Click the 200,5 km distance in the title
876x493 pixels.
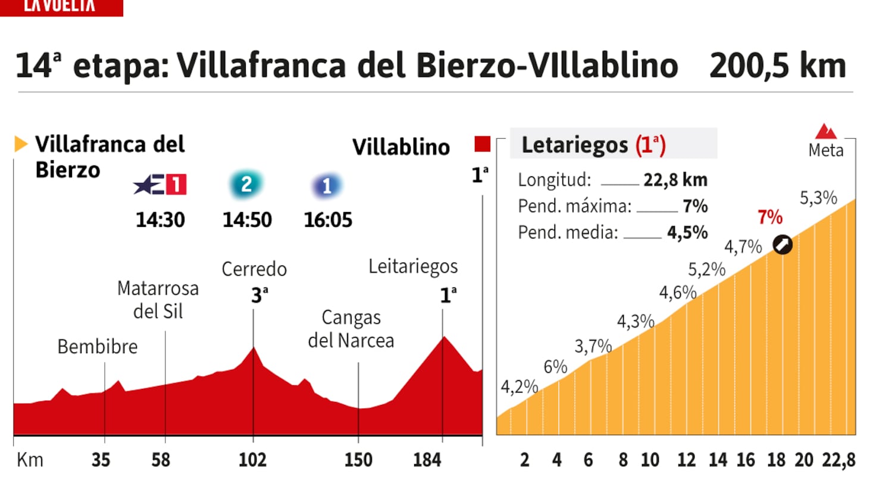pos(777,65)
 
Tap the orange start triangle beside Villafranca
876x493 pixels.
pos(21,143)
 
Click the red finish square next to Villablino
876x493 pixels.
pos(482,144)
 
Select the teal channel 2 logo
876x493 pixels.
pos(246,185)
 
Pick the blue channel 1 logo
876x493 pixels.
pos(326,186)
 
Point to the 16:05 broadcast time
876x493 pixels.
pos(328,220)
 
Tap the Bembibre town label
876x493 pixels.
pos(98,347)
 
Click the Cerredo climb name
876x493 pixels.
pos(254,269)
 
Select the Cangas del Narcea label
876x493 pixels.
pos(351,329)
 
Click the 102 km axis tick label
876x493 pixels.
pos(252,460)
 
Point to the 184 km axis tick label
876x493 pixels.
pos(427,460)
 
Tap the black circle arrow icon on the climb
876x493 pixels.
pos(783,244)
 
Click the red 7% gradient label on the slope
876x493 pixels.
pos(770,217)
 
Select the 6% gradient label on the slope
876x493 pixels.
pos(555,367)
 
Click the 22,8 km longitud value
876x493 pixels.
pos(675,180)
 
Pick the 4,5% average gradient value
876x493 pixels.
pos(687,232)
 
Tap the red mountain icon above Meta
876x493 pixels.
pos(825,131)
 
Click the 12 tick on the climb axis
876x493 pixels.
pos(686,460)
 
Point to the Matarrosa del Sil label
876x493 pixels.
pos(158,299)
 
